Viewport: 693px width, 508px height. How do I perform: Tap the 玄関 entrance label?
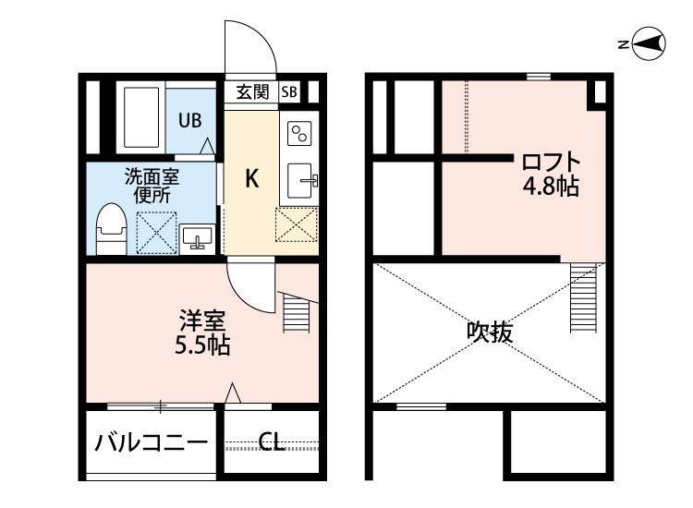[251, 91]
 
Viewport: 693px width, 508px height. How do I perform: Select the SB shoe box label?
[289, 91]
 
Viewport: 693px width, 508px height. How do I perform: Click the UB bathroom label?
[189, 119]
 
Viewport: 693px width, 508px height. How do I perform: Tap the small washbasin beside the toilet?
[197, 238]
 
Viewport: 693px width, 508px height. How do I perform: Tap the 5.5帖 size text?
[202, 346]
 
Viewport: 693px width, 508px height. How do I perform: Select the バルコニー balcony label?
[152, 443]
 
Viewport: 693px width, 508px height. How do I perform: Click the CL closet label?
[271, 443]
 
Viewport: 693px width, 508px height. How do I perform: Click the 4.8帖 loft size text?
[551, 187]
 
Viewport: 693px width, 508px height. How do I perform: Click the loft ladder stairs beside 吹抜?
[586, 297]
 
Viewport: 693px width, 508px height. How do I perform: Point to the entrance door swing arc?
[249, 46]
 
